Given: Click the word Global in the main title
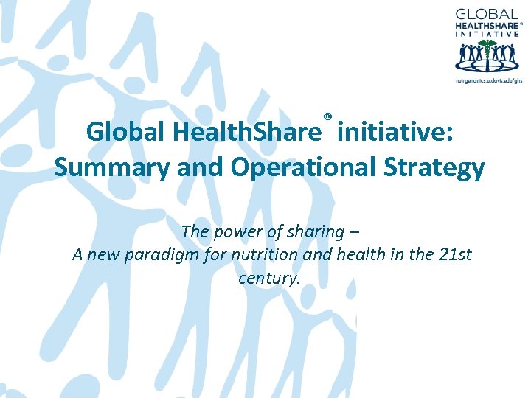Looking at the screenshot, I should (125, 133).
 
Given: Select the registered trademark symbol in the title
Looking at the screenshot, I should (327, 116).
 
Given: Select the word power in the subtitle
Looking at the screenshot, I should (232, 232).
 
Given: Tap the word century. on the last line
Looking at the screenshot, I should (266, 278).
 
